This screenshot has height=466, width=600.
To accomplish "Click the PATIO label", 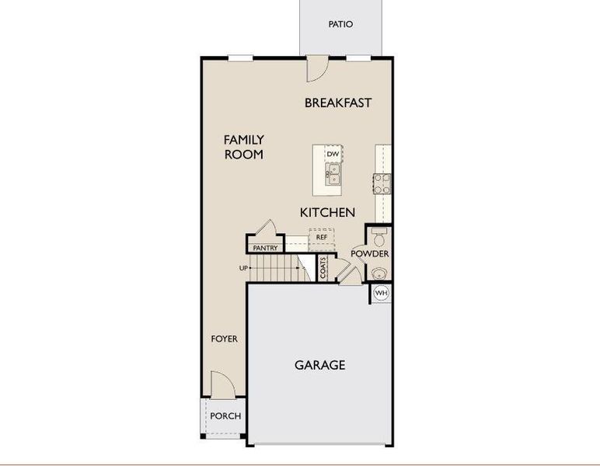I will tap(340, 24).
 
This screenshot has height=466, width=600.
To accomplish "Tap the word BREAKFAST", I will tap(338, 103).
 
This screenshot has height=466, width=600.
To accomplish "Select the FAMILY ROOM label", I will tap(243, 147).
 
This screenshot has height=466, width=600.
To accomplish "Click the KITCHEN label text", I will tap(327, 212).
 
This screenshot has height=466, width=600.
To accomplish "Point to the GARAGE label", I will tap(319, 364).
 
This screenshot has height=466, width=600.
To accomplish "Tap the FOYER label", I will tap(225, 339).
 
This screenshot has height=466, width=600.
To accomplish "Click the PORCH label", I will tap(226, 416).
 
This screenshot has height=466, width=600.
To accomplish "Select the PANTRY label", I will tap(265, 248).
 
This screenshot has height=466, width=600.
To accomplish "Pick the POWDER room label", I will tap(370, 254).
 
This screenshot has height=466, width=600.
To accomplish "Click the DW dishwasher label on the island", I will tap(333, 154).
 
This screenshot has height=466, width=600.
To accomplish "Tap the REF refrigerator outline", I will tap(321, 236).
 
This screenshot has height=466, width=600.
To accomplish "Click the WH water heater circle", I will tap(381, 293).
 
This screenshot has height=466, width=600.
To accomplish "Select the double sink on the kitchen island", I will tap(333, 177).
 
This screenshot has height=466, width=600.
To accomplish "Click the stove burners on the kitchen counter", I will tap(382, 183).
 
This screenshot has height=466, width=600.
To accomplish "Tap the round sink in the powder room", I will tap(378, 272).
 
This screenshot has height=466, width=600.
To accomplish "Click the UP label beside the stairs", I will tap(244, 269).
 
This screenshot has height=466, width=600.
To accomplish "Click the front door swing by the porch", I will tap(222, 383).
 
